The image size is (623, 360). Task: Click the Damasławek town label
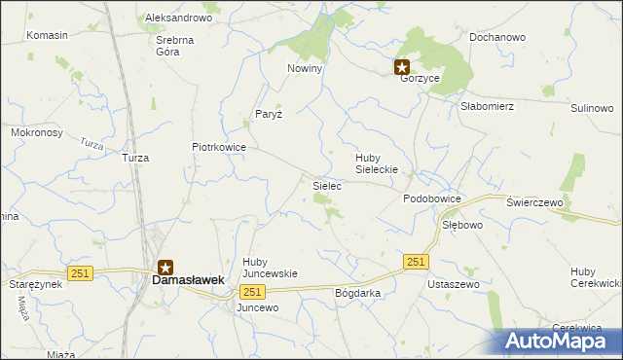pos(188,279)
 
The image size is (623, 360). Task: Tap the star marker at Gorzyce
pos(402,67)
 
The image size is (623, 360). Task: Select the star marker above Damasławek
pos(166,266)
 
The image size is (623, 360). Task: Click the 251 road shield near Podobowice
pos(416,262)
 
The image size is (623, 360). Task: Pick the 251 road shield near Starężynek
pos(80,273)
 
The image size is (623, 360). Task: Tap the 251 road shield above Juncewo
pos(252,292)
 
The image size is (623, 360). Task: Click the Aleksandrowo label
pos(178,18)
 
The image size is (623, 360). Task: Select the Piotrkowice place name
pos(218,147)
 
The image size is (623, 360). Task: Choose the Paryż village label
pos(269,114)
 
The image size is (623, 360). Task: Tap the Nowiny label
pos(304,69)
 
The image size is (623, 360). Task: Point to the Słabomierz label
pos(487,106)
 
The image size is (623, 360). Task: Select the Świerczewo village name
pos(535,201)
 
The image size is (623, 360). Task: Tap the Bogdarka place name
pos(356,292)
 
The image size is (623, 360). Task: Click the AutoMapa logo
pos(562,341)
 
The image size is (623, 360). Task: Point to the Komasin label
pos(48,35)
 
